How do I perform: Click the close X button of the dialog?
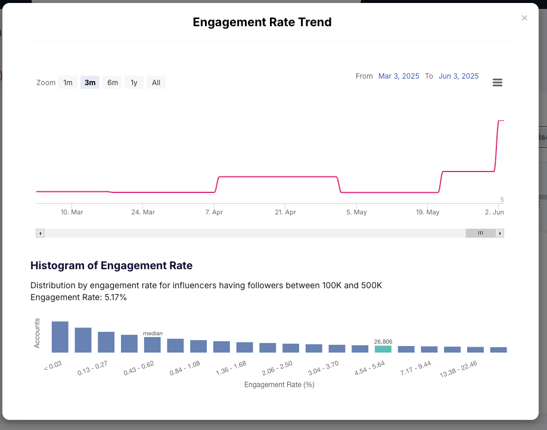[524, 18]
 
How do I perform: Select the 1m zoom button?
[68, 83]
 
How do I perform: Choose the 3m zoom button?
[90, 83]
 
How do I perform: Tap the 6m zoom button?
[113, 83]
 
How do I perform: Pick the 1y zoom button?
[134, 83]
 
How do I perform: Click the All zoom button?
[156, 83]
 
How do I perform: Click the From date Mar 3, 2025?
[399, 76]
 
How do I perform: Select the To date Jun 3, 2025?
[458, 76]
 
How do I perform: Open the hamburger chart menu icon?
[498, 83]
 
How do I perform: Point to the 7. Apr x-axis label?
[214, 212]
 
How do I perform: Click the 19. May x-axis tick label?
[428, 212]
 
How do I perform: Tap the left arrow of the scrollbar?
[41, 233]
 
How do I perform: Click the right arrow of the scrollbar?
[500, 233]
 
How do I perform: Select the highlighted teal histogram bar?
[383, 349]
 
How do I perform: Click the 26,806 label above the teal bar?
[383, 341]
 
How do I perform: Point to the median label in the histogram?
[153, 334]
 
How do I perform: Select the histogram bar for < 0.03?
[60, 337]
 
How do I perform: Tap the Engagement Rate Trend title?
[262, 23]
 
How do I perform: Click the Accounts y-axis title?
[37, 334]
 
